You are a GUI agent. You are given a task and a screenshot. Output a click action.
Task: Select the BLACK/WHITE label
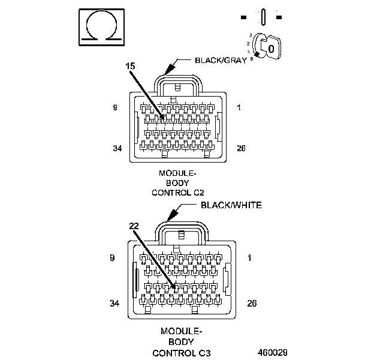click(x=231, y=205)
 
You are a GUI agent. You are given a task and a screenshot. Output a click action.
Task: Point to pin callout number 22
click(x=134, y=226)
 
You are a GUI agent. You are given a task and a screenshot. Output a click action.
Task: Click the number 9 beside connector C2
click(x=114, y=108)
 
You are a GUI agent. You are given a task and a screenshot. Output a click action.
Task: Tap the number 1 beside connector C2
click(x=239, y=108)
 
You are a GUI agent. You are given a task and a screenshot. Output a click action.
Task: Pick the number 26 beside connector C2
click(x=242, y=148)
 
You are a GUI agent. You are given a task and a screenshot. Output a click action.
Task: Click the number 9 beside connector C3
click(x=111, y=258)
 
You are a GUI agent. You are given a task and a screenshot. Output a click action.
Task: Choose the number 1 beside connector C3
click(x=250, y=258)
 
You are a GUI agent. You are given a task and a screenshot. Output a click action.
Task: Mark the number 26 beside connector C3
click(x=252, y=303)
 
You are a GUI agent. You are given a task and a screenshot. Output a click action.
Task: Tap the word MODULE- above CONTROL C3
click(x=182, y=331)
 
